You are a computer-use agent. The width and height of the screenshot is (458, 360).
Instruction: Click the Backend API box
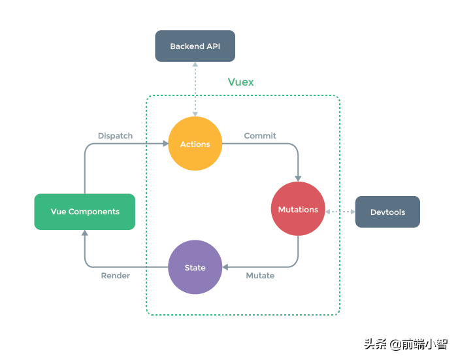coord(194,46)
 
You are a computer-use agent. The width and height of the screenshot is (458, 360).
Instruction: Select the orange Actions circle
coord(195,144)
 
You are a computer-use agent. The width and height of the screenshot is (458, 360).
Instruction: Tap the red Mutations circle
coord(298,209)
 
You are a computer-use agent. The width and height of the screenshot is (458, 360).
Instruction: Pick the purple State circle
coord(195,267)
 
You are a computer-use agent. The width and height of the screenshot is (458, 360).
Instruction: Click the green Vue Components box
coord(85,212)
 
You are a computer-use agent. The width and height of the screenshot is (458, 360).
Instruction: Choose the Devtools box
coord(387,212)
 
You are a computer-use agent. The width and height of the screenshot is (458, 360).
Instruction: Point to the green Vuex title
coord(240,82)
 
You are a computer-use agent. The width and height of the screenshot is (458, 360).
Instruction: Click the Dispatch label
coord(115,136)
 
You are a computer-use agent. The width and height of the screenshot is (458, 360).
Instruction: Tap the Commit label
coord(260,136)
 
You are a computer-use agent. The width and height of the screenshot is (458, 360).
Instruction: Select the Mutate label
coord(260,276)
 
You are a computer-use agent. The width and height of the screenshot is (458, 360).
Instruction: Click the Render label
coord(115,276)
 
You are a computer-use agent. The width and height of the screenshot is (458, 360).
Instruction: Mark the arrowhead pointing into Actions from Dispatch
coord(163,144)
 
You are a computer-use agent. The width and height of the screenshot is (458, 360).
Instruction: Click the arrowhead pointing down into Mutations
coord(298,178)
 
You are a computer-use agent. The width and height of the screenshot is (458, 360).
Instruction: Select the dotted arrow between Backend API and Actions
coord(195,88)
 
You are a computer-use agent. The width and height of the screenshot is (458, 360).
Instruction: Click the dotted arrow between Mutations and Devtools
coord(340,212)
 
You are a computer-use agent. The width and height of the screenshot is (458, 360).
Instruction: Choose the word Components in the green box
coord(94,212)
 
